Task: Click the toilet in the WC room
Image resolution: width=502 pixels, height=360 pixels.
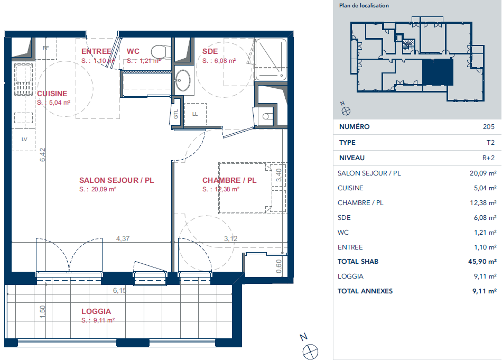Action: pos(161,51)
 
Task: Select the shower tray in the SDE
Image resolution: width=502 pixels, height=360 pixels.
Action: pos(271,60)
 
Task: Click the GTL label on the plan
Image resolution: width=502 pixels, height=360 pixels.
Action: pos(176,114)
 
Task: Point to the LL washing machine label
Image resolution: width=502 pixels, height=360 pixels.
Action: pos(195,114)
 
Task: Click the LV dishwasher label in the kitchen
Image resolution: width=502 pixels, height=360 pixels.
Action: pos(24,140)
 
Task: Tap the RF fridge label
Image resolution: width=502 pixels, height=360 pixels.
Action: pos(46,48)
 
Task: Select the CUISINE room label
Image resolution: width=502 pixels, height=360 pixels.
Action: pos(52,94)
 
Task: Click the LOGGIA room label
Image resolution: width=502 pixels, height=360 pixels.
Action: pos(96,311)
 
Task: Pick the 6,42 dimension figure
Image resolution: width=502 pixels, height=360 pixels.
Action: pos(43,155)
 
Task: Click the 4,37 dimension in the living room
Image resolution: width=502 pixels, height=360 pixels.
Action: pos(123,238)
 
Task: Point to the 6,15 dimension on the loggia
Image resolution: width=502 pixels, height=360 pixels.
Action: pos(120,291)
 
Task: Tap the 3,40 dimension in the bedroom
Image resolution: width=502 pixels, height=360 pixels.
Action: pos(278,175)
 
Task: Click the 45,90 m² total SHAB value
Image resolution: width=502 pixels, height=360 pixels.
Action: pos(482,261)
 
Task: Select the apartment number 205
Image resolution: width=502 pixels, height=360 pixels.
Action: pos(489,126)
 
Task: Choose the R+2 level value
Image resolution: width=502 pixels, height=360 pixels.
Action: pos(489,158)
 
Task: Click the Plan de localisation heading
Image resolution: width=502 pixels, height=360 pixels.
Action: pos(364,5)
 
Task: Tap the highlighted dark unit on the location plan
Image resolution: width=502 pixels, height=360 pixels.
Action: pos(438,72)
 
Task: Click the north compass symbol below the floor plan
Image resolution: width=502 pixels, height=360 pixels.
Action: pos(310,352)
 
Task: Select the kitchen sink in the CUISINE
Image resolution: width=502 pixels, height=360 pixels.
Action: pos(23,79)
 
